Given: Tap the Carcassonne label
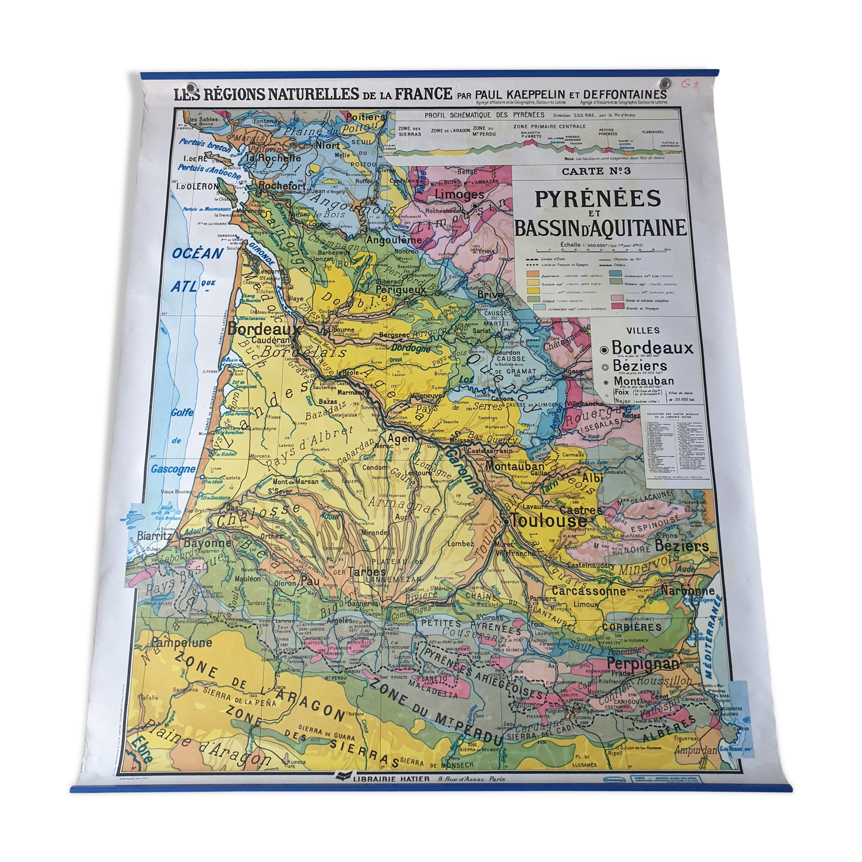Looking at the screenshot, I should (x=588, y=590).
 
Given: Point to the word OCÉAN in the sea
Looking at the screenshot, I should (x=197, y=253).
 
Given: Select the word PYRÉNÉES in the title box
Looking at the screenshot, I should (x=598, y=199).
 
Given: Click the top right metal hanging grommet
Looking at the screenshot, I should (x=665, y=82).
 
